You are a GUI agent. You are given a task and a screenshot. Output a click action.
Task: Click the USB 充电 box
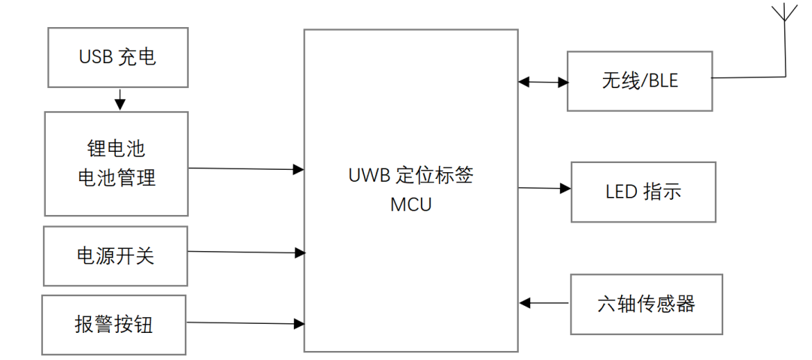coord(117,58)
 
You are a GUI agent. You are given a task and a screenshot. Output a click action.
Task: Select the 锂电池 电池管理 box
coord(117,163)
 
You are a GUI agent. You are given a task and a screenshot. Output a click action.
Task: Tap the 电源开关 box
coord(115,256)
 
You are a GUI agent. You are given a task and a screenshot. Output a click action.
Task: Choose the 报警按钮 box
coord(114,324)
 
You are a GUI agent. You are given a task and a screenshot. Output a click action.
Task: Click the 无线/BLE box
coord(639,81)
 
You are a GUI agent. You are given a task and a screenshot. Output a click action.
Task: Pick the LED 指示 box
coord(643,192)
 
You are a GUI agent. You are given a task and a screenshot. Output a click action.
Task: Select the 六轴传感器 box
coord(646,304)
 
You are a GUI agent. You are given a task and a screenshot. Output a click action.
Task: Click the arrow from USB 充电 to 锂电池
coord(119,98)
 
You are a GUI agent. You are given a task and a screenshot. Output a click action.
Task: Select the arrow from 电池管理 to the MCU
coord(246,169)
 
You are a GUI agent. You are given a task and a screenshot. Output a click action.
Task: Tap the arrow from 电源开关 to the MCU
coord(246,253)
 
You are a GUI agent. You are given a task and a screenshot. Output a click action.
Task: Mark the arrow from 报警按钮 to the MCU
coord(246,323)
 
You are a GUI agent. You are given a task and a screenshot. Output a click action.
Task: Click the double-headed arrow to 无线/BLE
coord(543,81)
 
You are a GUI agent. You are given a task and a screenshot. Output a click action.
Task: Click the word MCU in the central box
coord(411,204)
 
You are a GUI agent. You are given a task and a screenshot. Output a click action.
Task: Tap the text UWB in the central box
coord(366,176)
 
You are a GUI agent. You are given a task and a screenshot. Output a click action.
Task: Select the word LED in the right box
coord(622,192)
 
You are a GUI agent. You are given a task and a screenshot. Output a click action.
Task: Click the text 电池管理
coord(117,178)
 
